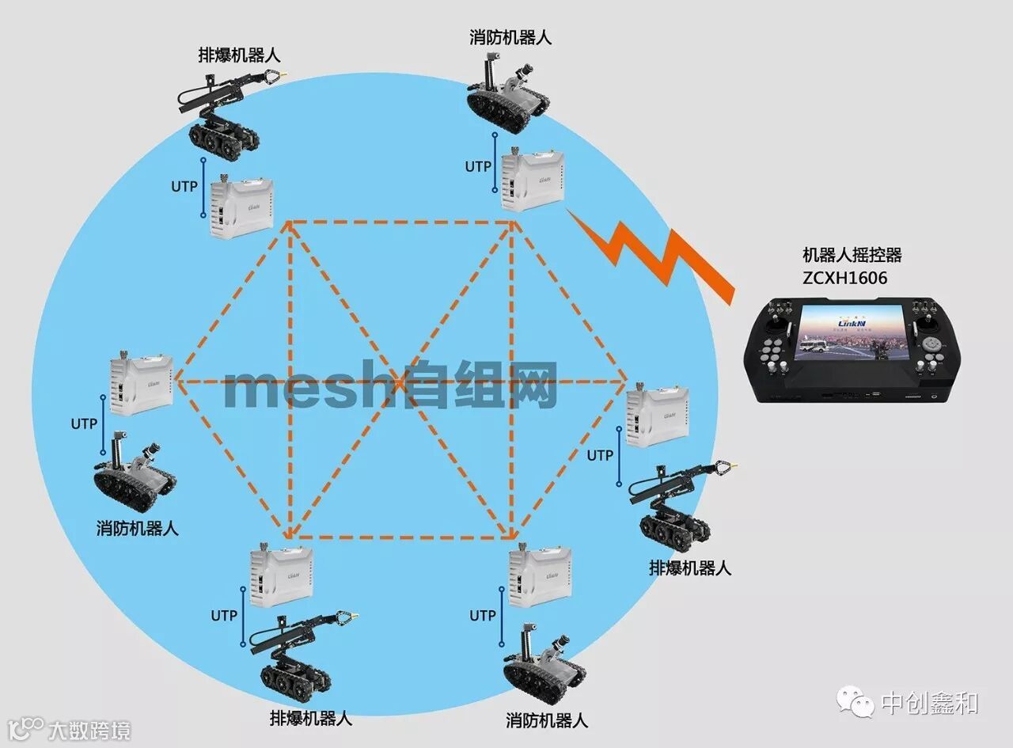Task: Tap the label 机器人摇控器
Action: pos(852,256)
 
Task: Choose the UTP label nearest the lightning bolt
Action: pos(478,167)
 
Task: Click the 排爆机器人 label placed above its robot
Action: pos(239,55)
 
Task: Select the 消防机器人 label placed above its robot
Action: pos(510,37)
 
